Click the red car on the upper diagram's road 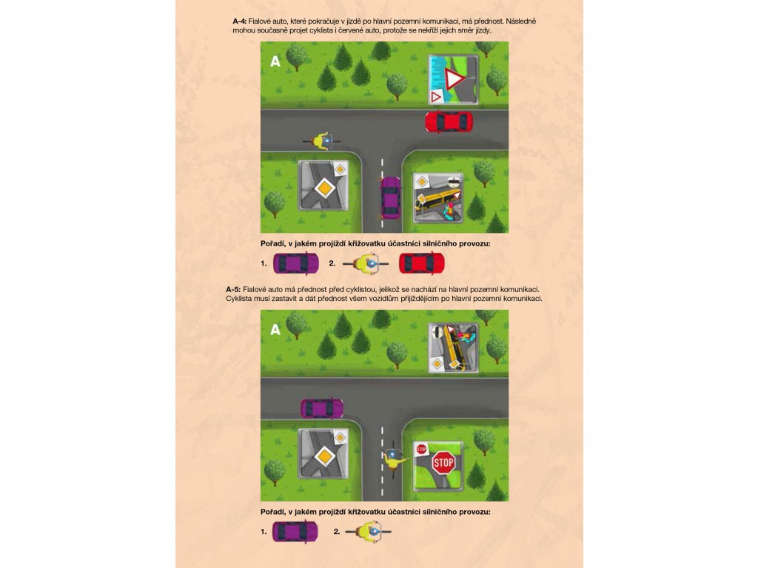pyautogui.click(x=449, y=122)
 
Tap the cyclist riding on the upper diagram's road pyautogui.click(x=322, y=141)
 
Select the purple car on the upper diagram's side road pyautogui.click(x=391, y=197)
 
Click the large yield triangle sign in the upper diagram pyautogui.click(x=454, y=79)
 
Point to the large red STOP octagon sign pyautogui.click(x=443, y=464)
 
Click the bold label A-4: pyautogui.click(x=239, y=21)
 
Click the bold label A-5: pyautogui.click(x=232, y=290)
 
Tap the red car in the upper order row pyautogui.click(x=421, y=264)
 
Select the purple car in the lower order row pyautogui.click(x=295, y=532)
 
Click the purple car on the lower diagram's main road pyautogui.click(x=322, y=408)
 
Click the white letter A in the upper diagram pyautogui.click(x=275, y=61)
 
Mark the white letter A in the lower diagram pyautogui.click(x=275, y=330)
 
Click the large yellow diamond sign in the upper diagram pyautogui.click(x=325, y=188)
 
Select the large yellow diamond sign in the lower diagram pyautogui.click(x=325, y=456)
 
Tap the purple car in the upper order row pyautogui.click(x=296, y=264)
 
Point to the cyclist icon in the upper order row pyautogui.click(x=366, y=264)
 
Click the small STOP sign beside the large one pyautogui.click(x=421, y=450)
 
